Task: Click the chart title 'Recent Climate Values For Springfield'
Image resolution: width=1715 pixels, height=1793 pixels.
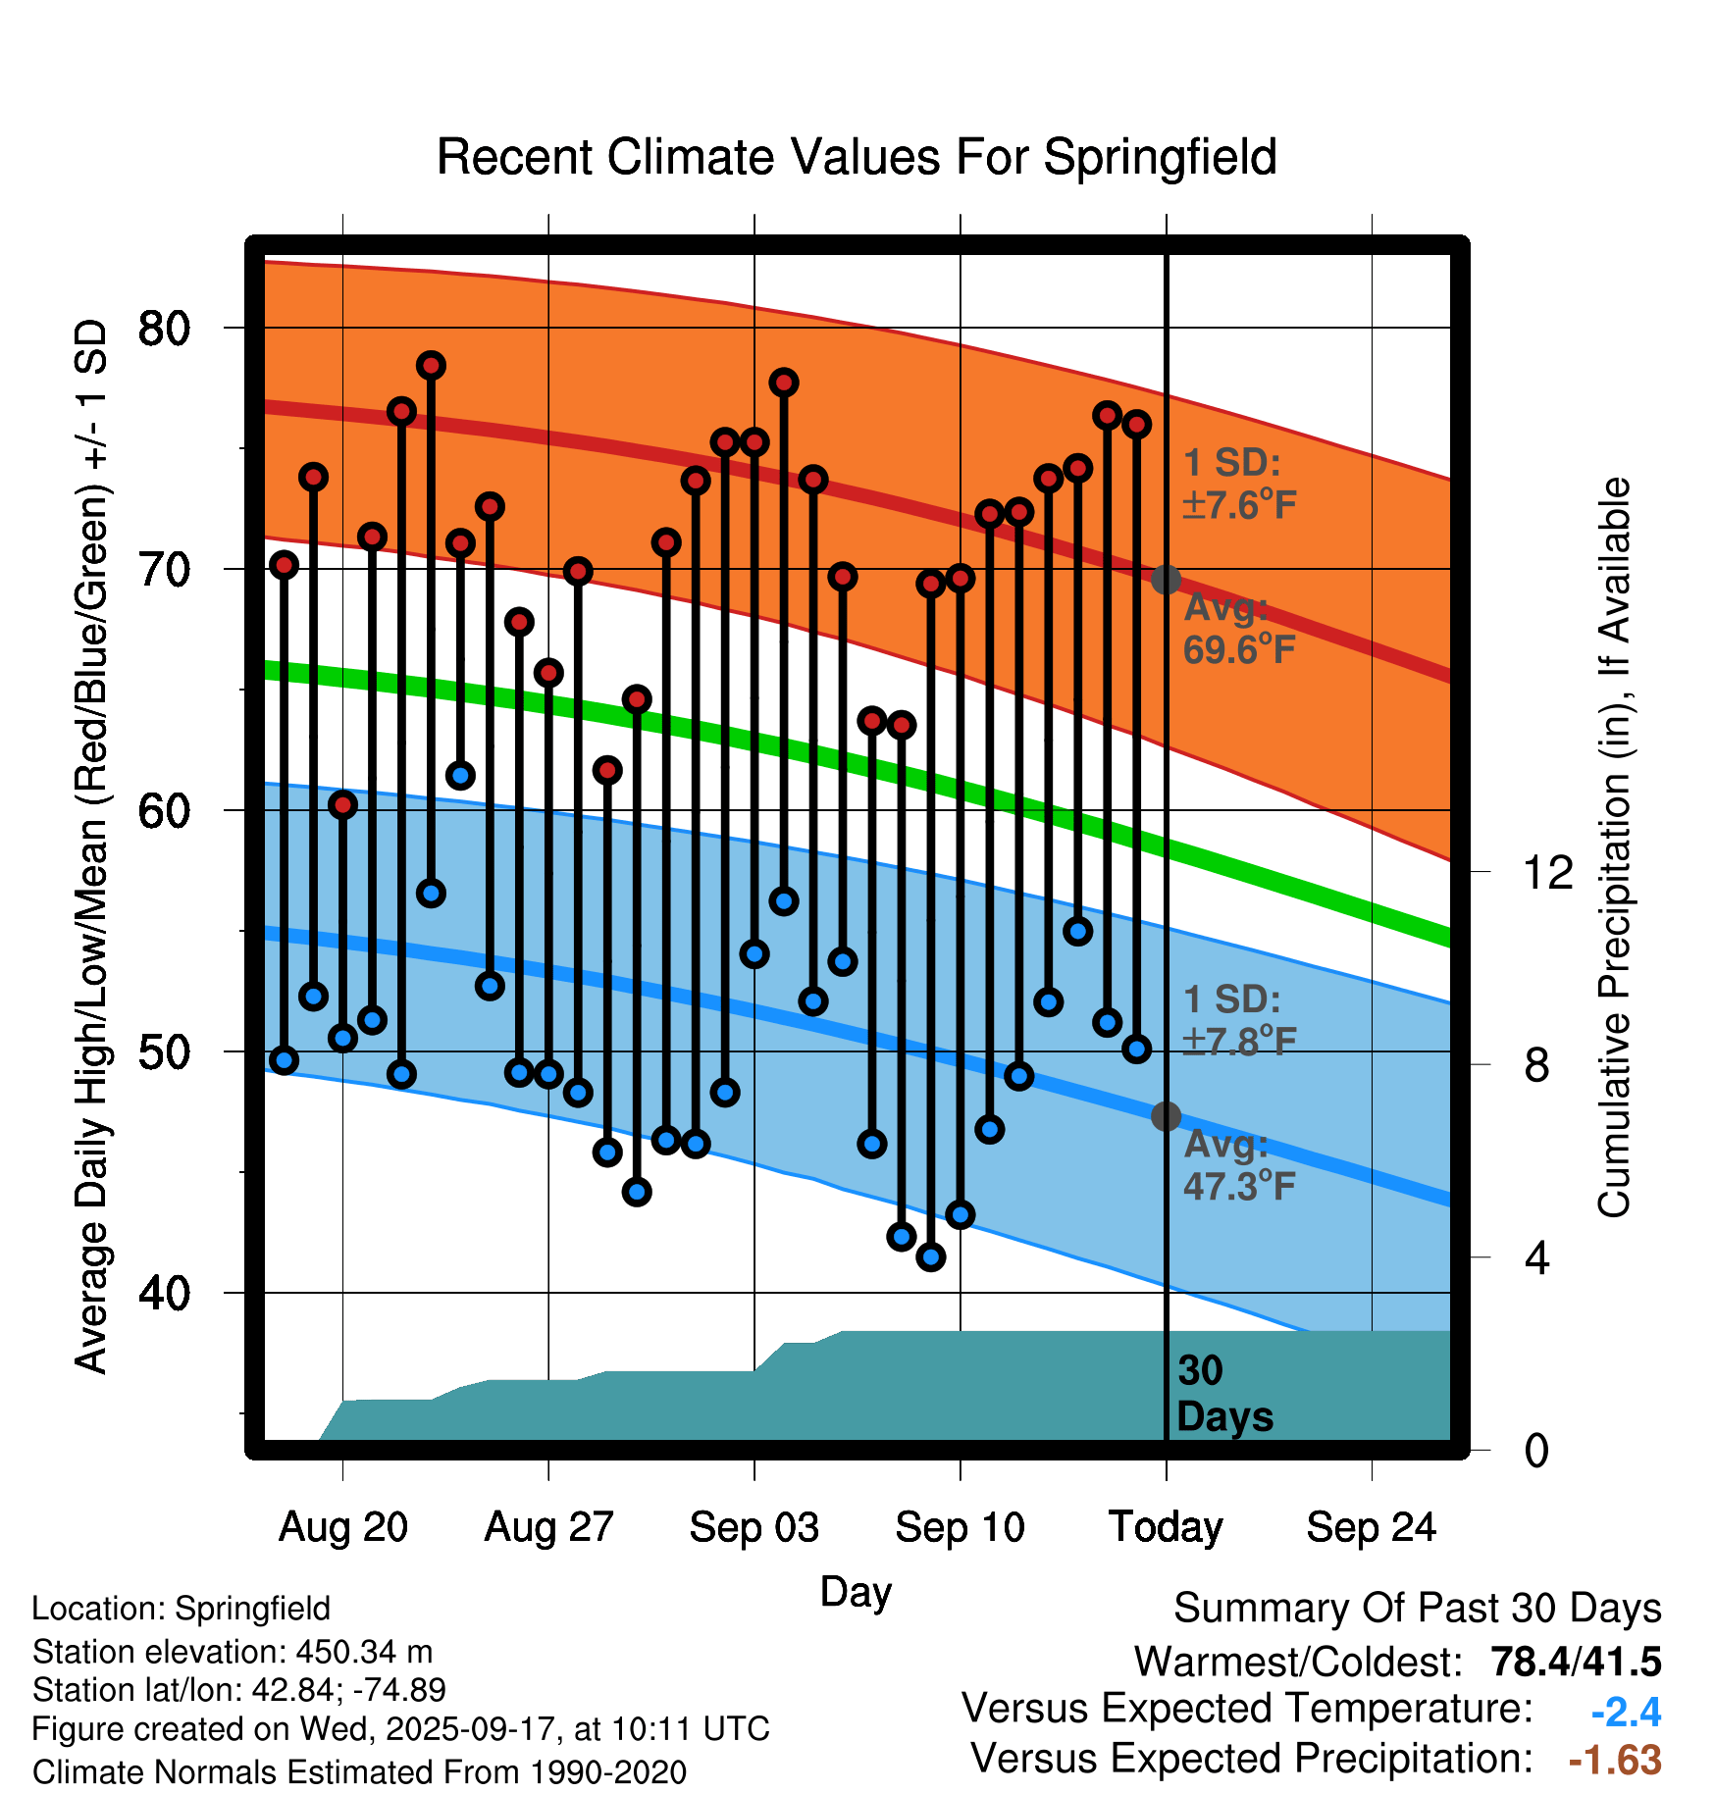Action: pyautogui.click(x=857, y=157)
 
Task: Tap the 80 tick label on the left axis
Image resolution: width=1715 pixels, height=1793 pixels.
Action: pyautogui.click(x=164, y=328)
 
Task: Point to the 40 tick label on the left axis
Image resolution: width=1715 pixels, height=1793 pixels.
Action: pyautogui.click(x=164, y=1293)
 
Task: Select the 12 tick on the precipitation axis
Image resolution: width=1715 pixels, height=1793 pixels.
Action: pyautogui.click(x=1548, y=872)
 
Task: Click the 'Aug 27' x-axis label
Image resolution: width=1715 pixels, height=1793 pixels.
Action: pyautogui.click(x=548, y=1527)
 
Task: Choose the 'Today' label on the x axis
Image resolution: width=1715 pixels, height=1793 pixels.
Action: pyautogui.click(x=1166, y=1527)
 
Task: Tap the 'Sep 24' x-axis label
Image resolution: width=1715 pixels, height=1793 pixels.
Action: pyautogui.click(x=1371, y=1527)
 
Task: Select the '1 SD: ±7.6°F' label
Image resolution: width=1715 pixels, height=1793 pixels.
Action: pyautogui.click(x=1239, y=484)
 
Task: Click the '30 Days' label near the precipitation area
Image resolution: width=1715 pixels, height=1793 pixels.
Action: pyautogui.click(x=1223, y=1394)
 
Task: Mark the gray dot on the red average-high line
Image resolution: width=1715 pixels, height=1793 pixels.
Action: pyautogui.click(x=1166, y=580)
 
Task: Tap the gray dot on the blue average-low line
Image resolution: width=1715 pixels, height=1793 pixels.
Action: pyautogui.click(x=1166, y=1116)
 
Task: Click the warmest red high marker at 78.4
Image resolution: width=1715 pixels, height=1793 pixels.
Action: pyautogui.click(x=431, y=366)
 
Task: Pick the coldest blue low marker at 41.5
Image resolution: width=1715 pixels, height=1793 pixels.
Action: pyautogui.click(x=931, y=1256)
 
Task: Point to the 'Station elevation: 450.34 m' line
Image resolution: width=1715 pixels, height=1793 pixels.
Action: pyautogui.click(x=233, y=1652)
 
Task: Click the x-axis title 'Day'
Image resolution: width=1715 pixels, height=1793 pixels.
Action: pyautogui.click(x=856, y=1591)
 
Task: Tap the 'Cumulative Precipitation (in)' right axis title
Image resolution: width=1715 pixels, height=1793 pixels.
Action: pyautogui.click(x=1614, y=848)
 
